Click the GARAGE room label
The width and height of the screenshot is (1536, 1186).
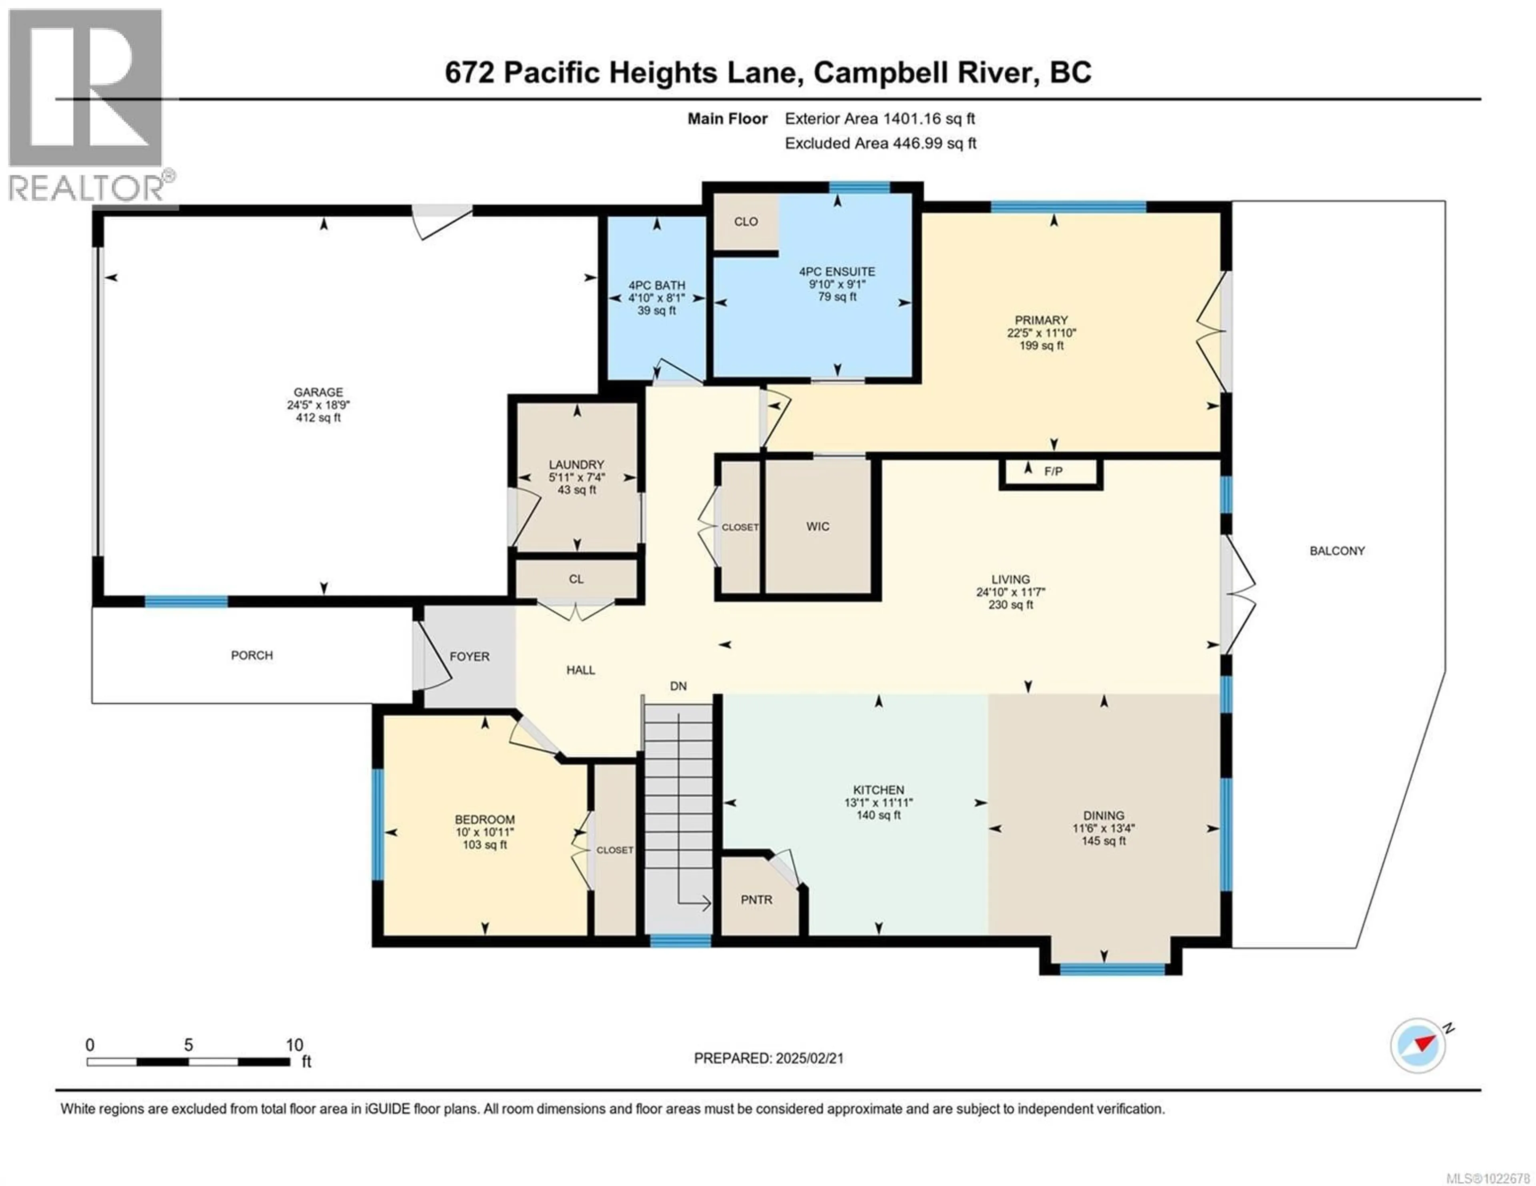click(x=318, y=392)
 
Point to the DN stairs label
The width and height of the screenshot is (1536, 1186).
click(x=678, y=686)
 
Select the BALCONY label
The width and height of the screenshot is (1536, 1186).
click(x=1336, y=551)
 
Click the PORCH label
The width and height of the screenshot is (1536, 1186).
click(x=252, y=655)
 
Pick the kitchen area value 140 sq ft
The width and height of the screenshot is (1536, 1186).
click(x=878, y=815)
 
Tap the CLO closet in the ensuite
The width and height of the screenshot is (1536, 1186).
click(x=746, y=221)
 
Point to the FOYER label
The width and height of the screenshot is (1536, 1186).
click(x=469, y=657)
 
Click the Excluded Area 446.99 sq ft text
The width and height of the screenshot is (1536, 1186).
click(x=880, y=144)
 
